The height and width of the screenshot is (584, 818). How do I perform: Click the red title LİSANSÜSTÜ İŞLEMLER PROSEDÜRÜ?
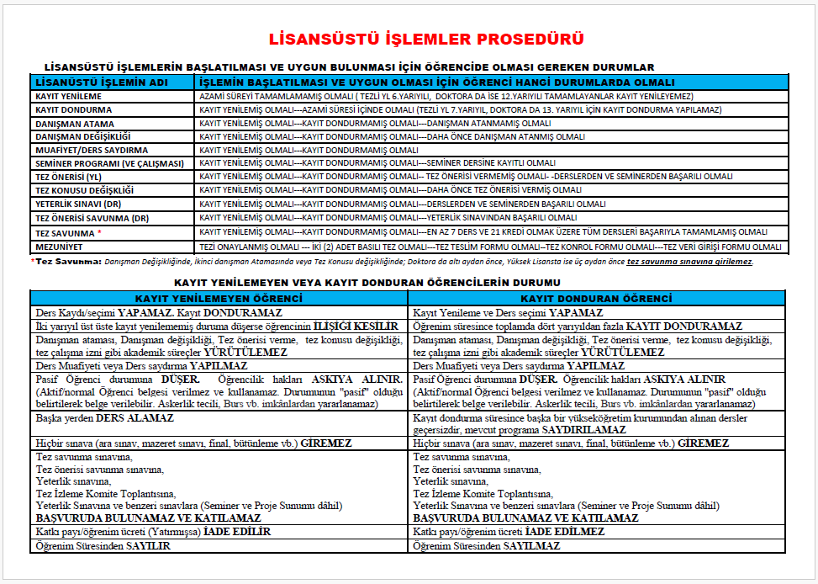click(x=425, y=40)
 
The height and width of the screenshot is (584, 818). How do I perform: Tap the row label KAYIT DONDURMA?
click(x=73, y=110)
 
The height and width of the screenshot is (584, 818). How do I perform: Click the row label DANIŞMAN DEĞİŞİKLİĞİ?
click(x=82, y=136)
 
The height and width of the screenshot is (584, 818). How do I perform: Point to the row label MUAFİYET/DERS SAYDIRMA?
click(x=91, y=150)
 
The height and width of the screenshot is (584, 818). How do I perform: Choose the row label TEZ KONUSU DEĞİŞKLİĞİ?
click(x=84, y=190)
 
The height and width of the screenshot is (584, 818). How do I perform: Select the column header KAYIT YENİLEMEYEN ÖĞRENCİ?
click(x=219, y=299)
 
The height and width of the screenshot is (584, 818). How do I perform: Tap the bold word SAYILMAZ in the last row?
click(x=532, y=545)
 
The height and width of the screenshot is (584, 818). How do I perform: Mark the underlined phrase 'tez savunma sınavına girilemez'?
click(x=689, y=262)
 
